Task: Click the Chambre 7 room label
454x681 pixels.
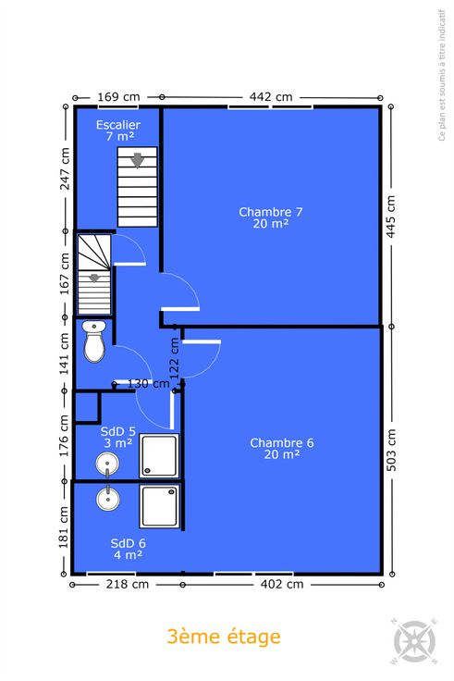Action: coord(270,217)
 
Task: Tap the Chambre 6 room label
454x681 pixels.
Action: coord(282,449)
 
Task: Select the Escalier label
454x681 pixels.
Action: coord(118,130)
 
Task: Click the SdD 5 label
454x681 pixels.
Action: coord(118,438)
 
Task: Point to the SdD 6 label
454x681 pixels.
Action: coord(128,549)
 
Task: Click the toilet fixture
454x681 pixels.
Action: coord(93,341)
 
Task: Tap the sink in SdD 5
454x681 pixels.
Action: coord(107,464)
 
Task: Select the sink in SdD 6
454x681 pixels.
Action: coord(107,498)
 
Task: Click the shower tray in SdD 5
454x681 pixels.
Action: coord(159,455)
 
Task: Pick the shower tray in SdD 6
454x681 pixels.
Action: coord(159,506)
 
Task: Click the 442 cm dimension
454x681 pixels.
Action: coord(271,97)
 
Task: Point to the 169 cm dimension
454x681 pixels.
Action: coord(118,97)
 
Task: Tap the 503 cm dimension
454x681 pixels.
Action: coord(391,450)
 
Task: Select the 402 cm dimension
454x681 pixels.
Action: coord(282,584)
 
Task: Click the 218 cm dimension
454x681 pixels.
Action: coord(128,584)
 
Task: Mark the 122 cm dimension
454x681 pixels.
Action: coord(175,359)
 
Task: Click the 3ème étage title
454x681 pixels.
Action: coord(224,638)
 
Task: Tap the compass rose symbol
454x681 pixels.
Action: coord(414,641)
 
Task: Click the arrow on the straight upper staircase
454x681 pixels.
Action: coord(138,160)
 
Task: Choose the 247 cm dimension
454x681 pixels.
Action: coord(65,168)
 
